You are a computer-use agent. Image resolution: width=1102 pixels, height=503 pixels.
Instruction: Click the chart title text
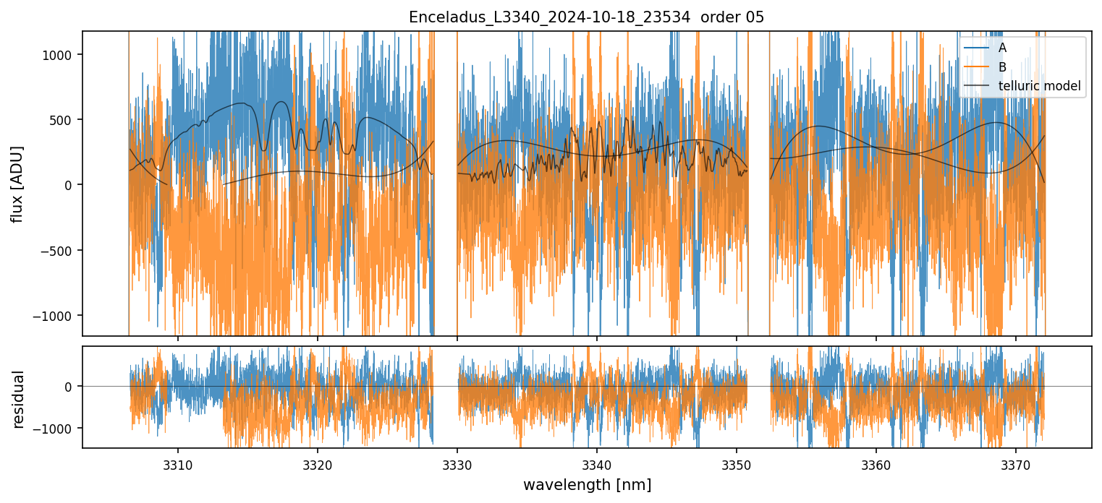tap(587, 17)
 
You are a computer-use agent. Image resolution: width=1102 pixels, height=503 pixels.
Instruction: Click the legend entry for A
tap(1002, 48)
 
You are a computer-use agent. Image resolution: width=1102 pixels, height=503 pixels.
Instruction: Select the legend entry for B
tap(1002, 67)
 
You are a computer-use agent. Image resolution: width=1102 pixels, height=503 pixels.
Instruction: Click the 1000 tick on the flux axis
tap(61, 55)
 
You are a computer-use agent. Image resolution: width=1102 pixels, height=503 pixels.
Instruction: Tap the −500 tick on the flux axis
tap(61, 251)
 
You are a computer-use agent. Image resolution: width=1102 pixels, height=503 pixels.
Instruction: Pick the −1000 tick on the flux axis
tap(57, 316)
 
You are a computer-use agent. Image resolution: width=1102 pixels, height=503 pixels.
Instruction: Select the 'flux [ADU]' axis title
tap(17, 184)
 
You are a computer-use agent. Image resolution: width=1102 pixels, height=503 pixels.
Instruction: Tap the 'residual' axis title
tap(17, 398)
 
